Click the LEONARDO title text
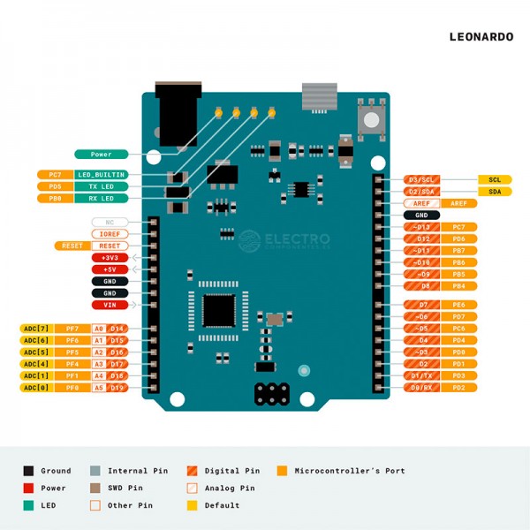481,37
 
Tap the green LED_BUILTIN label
101,175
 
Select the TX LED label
101,186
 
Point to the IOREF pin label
110,234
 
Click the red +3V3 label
110,258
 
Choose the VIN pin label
110,305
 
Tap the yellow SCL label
495,179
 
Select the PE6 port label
458,305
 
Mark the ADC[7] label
37,329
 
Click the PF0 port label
72,388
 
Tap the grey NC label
110,223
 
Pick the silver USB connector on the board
320,95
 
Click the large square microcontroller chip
218,311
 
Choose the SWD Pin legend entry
124,488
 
